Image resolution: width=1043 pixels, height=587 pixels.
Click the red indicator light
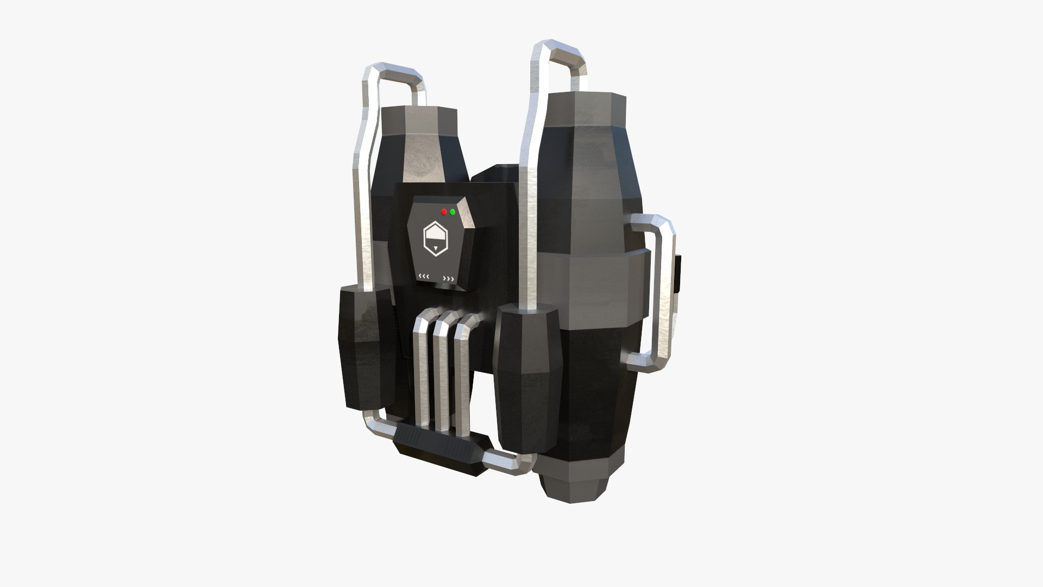pyautogui.click(x=444, y=211)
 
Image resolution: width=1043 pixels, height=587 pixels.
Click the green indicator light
pyautogui.click(x=453, y=211)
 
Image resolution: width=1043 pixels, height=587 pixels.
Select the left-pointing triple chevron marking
pyautogui.click(x=424, y=277)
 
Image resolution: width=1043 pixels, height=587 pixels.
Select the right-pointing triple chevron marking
pyautogui.click(x=449, y=279)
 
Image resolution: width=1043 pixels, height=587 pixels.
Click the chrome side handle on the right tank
pyautogui.click(x=666, y=293)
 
